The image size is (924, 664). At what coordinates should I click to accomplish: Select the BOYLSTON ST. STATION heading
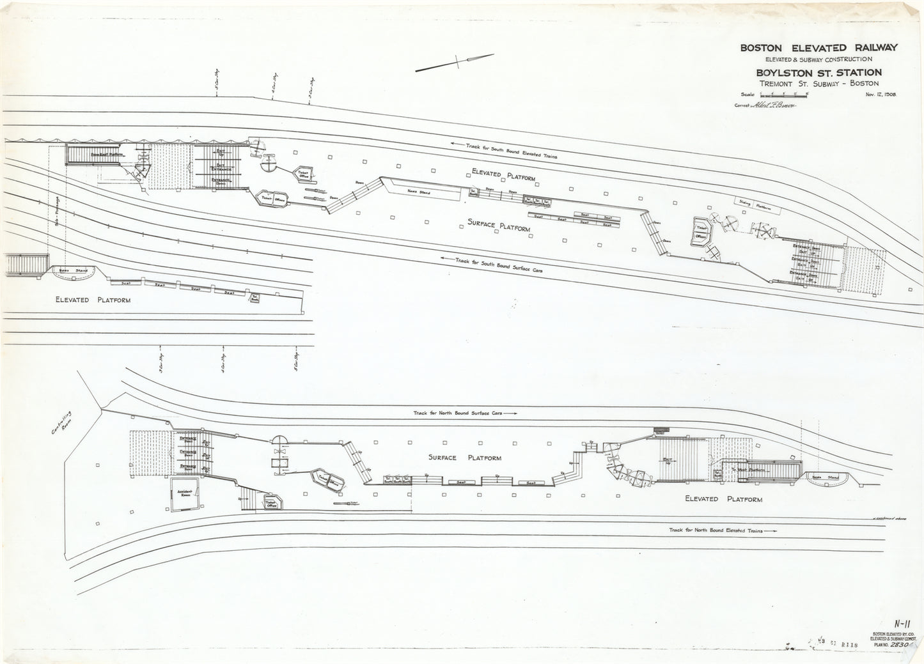coord(819,72)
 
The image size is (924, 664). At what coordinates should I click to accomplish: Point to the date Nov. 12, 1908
coord(882,94)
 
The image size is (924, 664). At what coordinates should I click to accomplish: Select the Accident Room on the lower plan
coord(185,495)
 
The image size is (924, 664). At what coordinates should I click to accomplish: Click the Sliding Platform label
coord(757,205)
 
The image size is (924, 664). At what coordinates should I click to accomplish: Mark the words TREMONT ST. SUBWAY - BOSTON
coord(819,83)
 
